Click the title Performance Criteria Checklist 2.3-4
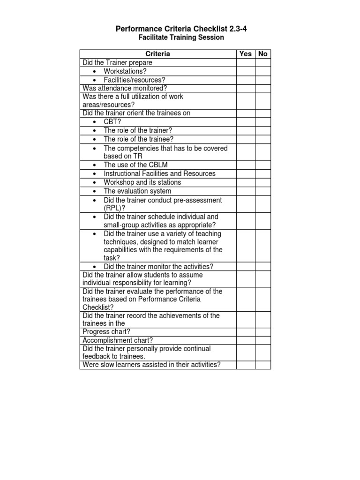pos(181,29)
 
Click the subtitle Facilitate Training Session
pos(181,37)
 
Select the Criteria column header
pos(158,54)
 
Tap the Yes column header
pos(246,54)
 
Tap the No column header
pos(263,54)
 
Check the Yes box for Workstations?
pos(246,71)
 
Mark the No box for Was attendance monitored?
pos(263,88)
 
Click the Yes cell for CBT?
pos(246,122)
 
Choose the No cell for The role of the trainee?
pos(263,139)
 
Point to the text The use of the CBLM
pos(135,165)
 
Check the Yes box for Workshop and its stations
pos(246,182)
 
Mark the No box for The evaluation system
pos(263,191)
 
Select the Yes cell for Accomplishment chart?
pos(246,340)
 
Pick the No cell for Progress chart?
pos(263,332)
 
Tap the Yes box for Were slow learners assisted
pos(246,365)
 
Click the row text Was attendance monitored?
pos(125,88)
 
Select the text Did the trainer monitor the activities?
pos(158,267)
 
